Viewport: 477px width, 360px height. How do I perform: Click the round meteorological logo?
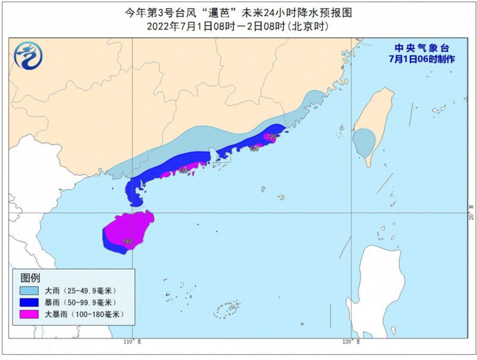coord(29,56)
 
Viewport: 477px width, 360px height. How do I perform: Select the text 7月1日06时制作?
coord(422,59)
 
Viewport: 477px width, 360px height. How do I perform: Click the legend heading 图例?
coord(30,277)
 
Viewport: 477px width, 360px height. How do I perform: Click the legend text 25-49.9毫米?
coord(87,290)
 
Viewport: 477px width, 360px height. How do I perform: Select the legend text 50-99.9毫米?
coord(87,302)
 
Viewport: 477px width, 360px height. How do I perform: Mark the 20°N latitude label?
coord(470,213)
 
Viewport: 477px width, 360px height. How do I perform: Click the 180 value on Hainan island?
coord(127,242)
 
